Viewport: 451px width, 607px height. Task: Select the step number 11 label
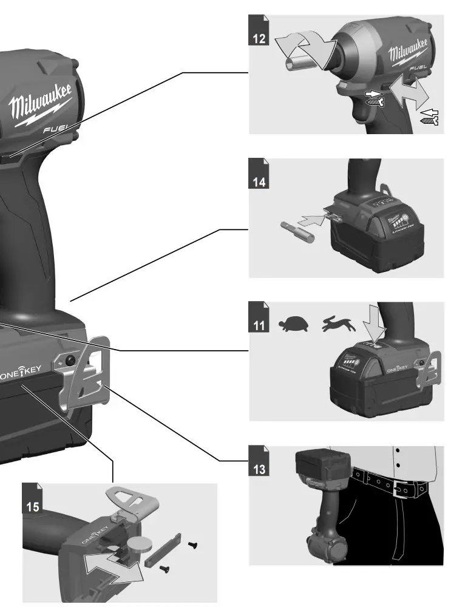(259, 325)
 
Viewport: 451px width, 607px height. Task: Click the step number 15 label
(33, 506)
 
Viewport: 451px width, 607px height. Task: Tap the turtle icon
(293, 324)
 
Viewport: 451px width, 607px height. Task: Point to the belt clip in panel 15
(134, 500)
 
